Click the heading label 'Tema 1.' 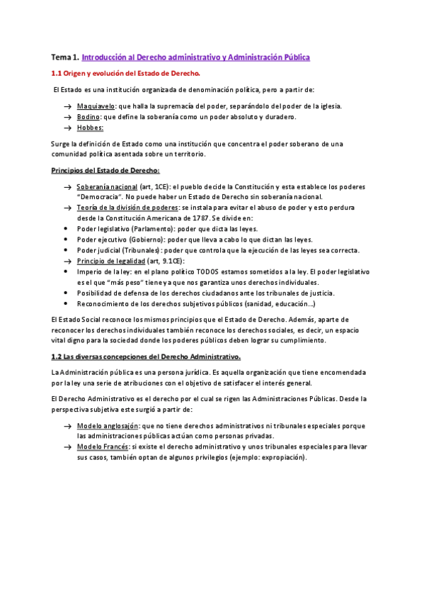(65, 57)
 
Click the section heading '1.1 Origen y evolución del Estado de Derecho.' (126, 73)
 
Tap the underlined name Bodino (89, 116)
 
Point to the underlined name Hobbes (90, 128)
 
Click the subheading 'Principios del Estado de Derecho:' (106, 171)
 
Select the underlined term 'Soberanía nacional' (108, 186)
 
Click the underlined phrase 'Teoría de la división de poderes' (127, 208)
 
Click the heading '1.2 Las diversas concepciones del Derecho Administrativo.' (147, 356)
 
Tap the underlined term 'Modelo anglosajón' (108, 426)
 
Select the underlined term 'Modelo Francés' (103, 447)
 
